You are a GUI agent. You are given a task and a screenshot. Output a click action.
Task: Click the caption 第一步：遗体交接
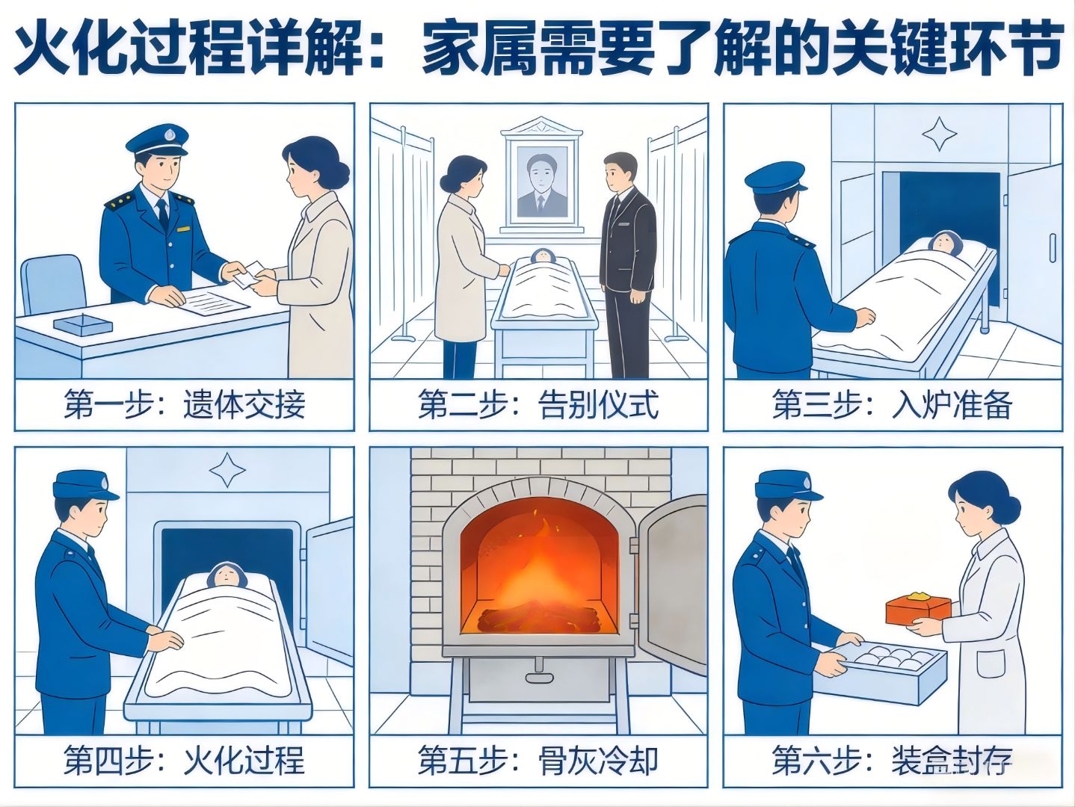coord(184,405)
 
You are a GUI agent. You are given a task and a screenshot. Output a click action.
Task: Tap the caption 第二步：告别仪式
coord(538,405)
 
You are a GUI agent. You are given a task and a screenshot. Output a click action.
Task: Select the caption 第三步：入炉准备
coord(893,405)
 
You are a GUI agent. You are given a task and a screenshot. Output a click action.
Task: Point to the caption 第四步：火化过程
coord(184,760)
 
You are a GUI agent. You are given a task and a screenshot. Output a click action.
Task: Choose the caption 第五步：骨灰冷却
coord(538,760)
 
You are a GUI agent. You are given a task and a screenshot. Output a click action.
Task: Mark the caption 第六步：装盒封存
coord(893,760)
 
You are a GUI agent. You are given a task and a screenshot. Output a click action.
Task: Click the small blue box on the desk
coord(83,325)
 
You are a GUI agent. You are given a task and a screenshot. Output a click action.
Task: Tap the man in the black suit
coord(627,265)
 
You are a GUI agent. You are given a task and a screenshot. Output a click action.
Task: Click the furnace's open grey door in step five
coord(672,585)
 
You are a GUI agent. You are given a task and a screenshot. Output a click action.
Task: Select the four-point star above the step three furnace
coord(940,134)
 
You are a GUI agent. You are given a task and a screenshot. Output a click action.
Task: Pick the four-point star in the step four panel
coord(227,470)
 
